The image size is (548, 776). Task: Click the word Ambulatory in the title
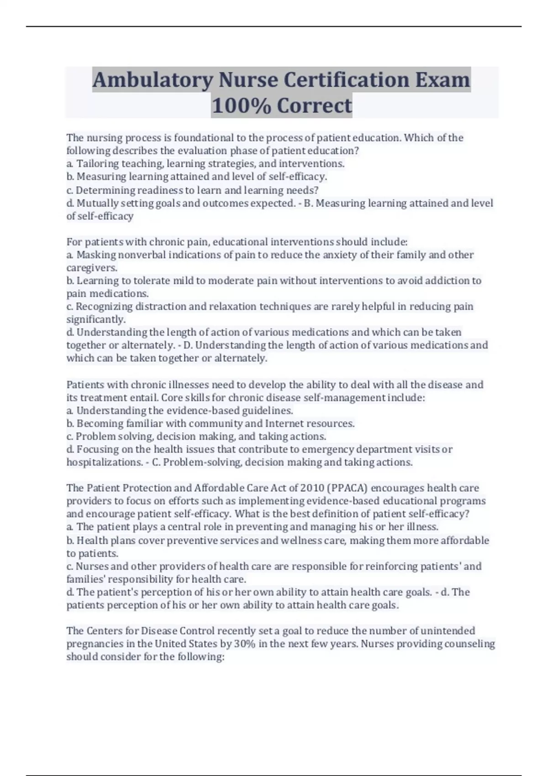(x=153, y=80)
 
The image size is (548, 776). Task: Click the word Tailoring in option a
(x=95, y=163)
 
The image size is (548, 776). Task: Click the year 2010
(x=312, y=488)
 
